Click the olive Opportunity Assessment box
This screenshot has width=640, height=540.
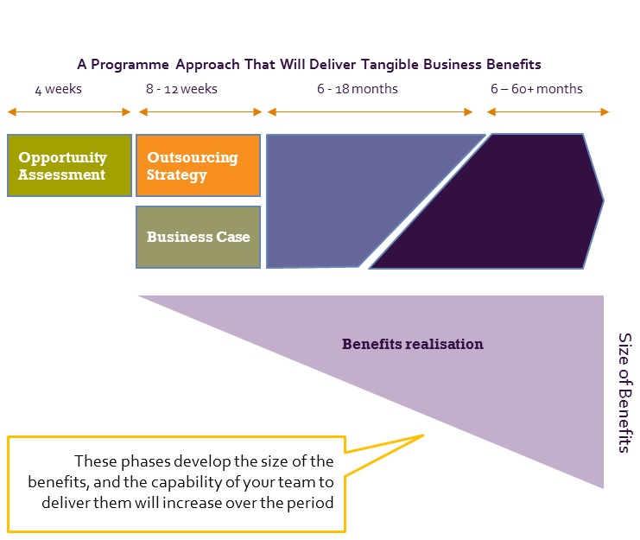coord(69,165)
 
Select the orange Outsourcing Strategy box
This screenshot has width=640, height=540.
coord(198,165)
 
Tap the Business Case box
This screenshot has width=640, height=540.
coord(198,237)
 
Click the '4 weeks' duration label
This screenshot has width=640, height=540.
coord(59,89)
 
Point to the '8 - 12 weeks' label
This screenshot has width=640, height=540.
coord(181,89)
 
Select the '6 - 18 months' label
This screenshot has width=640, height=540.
coord(358,89)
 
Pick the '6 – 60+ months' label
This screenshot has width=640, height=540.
coord(536,89)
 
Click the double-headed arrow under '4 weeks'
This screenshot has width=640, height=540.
coord(69,111)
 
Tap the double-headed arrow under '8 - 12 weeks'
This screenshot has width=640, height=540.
coord(200,111)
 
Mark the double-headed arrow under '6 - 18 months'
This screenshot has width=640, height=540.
coord(370,111)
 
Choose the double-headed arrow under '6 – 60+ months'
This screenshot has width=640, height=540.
coord(548,111)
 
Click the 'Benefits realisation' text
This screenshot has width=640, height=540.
coord(413,344)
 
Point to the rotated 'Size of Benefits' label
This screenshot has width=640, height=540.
coord(624,392)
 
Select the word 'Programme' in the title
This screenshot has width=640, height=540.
coord(130,65)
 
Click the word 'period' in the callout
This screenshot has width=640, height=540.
coord(310,503)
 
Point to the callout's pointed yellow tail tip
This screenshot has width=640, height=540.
coord(424,435)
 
